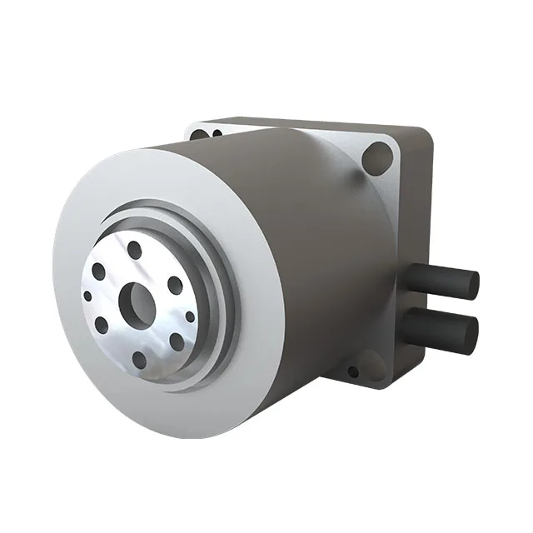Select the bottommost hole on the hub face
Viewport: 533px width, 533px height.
[139, 359]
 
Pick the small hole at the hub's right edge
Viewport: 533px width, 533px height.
[190, 316]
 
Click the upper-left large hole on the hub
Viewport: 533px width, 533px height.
[99, 271]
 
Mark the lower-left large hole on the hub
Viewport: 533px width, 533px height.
[102, 325]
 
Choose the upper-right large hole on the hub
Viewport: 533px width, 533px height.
[175, 285]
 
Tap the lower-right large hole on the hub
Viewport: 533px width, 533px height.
[177, 341]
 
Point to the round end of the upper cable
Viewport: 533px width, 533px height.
[471, 284]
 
